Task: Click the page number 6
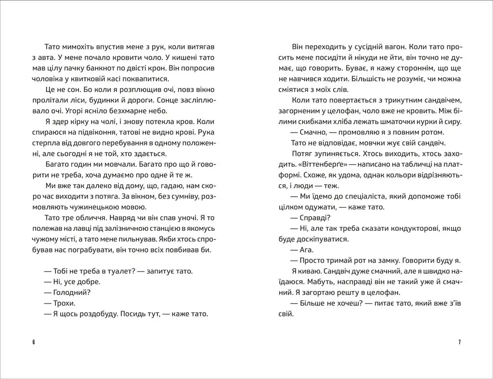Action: pos(34,342)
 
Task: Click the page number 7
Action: pos(459,342)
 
